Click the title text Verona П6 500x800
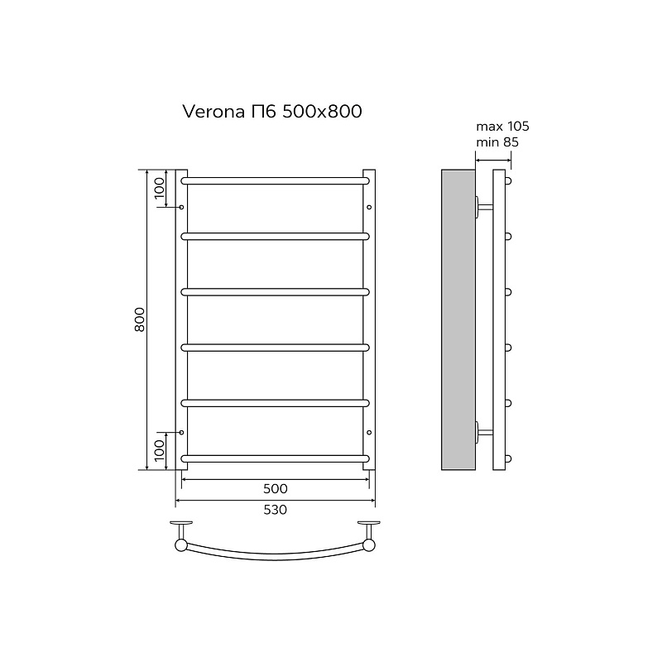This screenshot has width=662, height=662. coord(272,112)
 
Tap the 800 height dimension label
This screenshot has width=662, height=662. coord(140,319)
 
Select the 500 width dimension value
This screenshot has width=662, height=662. coord(276,488)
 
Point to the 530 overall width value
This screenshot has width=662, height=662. coord(276,510)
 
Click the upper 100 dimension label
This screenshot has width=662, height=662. coord(159,189)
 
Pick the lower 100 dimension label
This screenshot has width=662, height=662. coord(159,450)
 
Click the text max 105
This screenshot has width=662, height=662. coord(502,127)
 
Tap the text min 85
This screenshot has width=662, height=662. coord(497,142)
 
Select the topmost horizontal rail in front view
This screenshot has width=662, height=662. coord(276,181)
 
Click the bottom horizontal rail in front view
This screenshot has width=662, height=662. coord(276,458)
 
